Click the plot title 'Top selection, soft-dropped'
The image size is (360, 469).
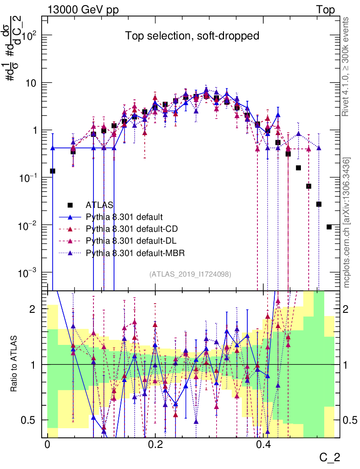click(192, 36)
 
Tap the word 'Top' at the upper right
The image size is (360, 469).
click(325, 10)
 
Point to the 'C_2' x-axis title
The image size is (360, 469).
click(330, 457)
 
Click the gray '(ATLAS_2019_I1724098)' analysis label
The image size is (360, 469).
click(190, 274)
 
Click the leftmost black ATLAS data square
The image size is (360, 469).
click(53, 171)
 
